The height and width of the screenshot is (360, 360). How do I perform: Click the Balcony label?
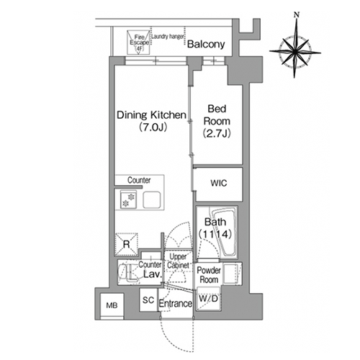pos(206,44)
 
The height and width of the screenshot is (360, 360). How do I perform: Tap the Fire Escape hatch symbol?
pos(138,42)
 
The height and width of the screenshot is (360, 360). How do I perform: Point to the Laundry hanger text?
pos(168,37)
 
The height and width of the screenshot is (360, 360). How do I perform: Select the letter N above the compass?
pos(297,15)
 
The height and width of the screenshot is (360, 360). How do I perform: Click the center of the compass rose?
pos(295,51)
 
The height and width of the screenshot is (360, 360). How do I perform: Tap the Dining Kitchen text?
pos(151,115)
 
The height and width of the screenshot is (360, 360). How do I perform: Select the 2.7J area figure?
pos(217,133)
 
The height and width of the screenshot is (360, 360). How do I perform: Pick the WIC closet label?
pos(219,184)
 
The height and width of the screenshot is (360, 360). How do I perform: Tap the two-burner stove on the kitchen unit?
pos(128,200)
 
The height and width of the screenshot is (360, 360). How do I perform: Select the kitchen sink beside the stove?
pos(152,199)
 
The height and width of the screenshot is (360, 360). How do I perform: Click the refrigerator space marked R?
pos(127,244)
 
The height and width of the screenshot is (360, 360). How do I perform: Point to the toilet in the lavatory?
pos(127,273)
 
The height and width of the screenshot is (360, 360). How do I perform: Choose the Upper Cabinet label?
pos(178,261)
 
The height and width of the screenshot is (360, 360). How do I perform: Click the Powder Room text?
pos(209,275)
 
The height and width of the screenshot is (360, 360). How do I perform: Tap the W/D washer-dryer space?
pos(208,299)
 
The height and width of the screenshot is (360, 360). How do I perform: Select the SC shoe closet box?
pos(148,300)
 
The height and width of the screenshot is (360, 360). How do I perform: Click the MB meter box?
pos(112,306)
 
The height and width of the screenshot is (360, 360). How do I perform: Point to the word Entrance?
pos(176,304)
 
